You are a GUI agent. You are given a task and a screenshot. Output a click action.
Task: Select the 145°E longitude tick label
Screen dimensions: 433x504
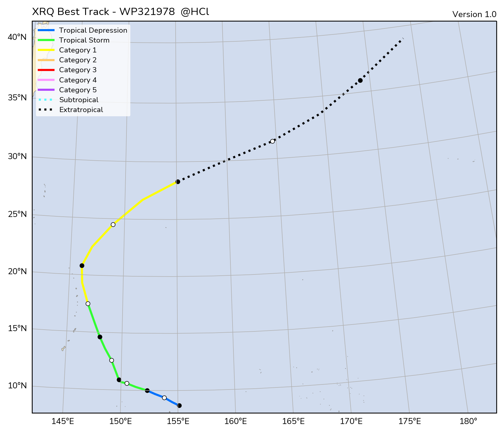63,422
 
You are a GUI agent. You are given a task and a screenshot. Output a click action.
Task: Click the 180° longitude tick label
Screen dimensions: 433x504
468,422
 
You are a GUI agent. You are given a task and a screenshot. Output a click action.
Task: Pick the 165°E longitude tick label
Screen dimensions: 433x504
294,422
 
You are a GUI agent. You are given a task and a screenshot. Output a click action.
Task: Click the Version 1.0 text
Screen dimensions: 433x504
474,14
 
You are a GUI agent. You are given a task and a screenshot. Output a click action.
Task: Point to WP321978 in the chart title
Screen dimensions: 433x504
147,12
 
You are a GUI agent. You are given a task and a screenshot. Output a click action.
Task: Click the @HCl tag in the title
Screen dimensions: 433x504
195,12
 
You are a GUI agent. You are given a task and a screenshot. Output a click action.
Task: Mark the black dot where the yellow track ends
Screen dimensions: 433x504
178,182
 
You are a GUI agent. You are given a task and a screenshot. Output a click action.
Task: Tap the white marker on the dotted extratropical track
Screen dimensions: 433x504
272,141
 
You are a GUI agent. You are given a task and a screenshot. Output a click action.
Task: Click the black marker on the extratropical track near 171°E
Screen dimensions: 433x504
360,80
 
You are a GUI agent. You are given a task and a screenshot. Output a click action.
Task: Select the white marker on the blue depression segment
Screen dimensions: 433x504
164,398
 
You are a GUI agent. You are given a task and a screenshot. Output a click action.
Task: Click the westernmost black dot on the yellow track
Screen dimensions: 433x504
82,265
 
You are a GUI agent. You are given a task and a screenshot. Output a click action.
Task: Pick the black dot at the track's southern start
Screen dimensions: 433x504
179,405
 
